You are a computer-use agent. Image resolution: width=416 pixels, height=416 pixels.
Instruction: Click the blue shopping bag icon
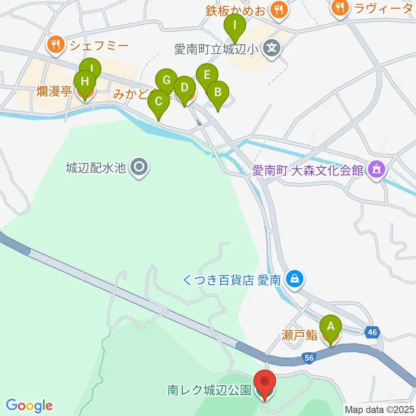(x=295, y=279)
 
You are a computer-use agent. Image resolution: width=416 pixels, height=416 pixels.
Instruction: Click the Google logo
(x=29, y=406)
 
